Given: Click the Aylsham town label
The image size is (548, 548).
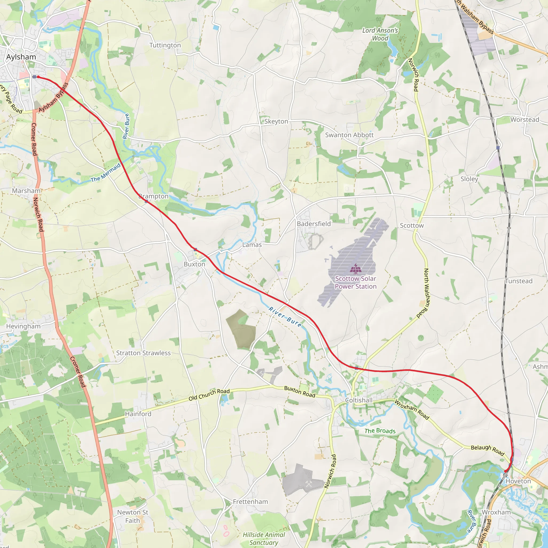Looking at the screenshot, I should click(x=21, y=57).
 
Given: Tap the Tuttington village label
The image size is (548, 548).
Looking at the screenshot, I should click(x=165, y=45).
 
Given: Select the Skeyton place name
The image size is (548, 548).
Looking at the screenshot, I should click(x=276, y=121).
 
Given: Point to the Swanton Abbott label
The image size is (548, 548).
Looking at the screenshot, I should click(x=349, y=135).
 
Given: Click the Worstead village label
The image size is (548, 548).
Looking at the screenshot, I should click(x=525, y=120).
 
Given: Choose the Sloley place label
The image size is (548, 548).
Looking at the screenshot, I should click(x=469, y=179).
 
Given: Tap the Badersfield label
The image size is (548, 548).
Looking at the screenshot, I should click(x=314, y=224).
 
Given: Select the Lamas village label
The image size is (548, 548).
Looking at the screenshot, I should click(x=252, y=245).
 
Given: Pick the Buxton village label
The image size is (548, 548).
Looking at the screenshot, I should click(x=194, y=264).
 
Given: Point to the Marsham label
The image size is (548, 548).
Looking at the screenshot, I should click(x=26, y=191).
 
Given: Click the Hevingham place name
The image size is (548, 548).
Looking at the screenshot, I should click(x=23, y=326).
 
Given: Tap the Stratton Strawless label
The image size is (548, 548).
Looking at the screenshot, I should click(x=143, y=353).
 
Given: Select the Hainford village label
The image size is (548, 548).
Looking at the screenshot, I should click(x=138, y=414).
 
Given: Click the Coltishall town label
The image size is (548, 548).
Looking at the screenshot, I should click(x=359, y=400).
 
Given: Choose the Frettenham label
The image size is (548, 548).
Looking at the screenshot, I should click(x=250, y=502).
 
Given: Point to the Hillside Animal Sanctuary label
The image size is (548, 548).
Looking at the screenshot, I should click(x=264, y=539).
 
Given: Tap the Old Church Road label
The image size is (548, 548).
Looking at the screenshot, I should click(x=209, y=395).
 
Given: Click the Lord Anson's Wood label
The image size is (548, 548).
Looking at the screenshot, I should click(x=380, y=34).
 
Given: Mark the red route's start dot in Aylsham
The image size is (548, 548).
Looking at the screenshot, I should click(x=38, y=77).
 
